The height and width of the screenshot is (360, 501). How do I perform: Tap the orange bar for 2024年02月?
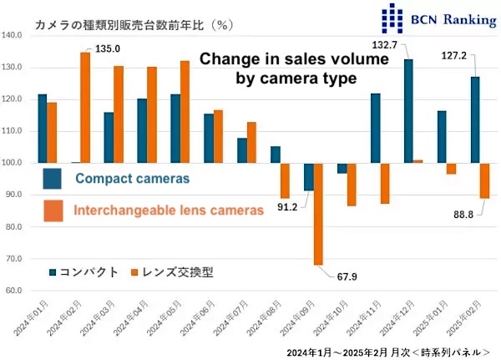(84, 108)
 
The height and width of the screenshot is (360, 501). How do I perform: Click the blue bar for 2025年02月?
(474, 120)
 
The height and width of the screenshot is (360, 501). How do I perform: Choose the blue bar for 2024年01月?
(43, 129)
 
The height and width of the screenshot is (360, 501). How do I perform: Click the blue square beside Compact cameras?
(53, 178)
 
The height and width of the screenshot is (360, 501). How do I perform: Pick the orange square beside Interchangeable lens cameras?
(53, 210)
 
